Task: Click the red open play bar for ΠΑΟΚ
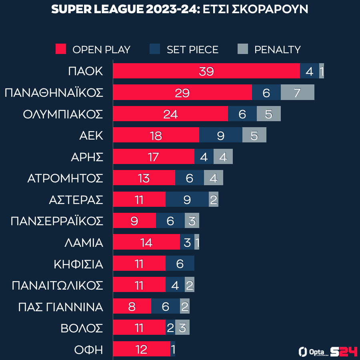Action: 206,71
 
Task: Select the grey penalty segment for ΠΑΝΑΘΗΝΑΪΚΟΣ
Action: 297,92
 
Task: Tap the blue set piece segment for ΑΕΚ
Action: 220,135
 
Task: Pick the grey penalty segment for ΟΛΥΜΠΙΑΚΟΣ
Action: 268,114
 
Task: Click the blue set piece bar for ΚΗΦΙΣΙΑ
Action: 180,264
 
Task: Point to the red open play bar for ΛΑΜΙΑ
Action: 146,242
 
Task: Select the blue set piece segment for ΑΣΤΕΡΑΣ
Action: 187,199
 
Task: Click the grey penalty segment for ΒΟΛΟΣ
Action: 182,328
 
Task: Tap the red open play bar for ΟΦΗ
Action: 142,349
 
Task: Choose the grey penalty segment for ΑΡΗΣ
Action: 223,157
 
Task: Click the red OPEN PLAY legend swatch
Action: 61,49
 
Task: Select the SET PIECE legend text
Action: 192,50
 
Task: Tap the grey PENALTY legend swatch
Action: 243,49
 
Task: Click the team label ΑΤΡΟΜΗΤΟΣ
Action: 65,178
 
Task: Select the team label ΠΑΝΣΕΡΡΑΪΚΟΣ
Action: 57,221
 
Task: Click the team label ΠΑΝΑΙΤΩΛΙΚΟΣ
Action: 58,286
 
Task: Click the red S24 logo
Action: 344,352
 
